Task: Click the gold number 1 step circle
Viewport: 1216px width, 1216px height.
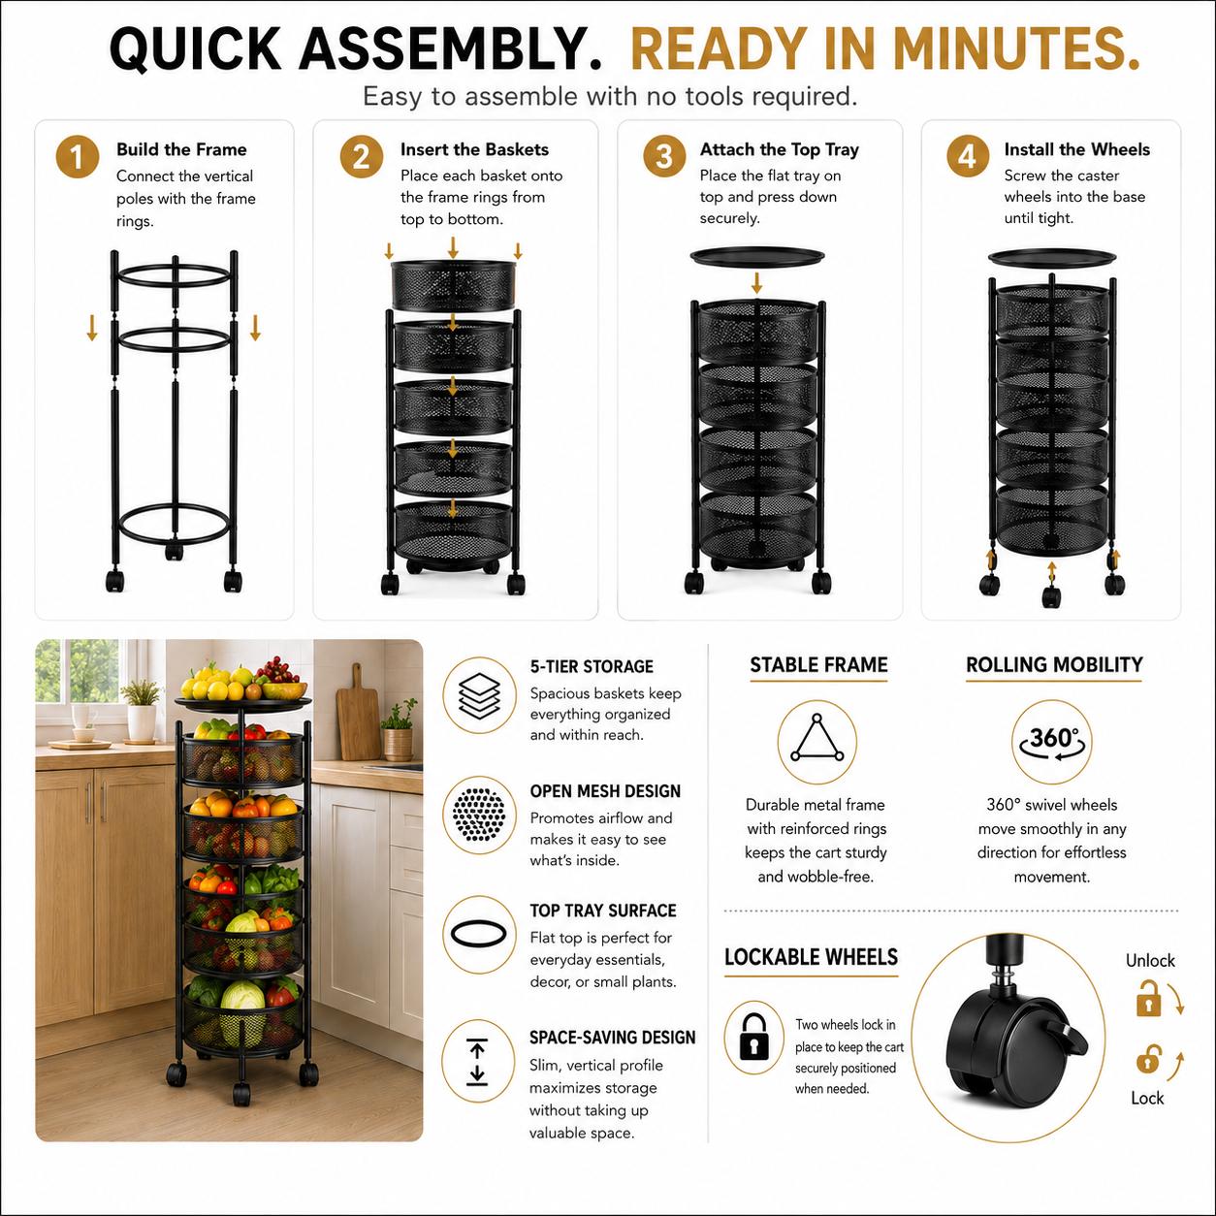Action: [x=77, y=157]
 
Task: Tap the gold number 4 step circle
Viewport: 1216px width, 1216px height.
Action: [x=968, y=156]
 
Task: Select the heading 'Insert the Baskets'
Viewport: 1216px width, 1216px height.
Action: [x=474, y=149]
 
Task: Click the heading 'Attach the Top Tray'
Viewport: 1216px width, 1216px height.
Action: [x=780, y=149]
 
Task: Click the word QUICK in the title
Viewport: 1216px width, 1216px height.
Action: [x=196, y=48]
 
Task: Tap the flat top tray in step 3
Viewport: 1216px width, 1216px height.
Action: [x=757, y=256]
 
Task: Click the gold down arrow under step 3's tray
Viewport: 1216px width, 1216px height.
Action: [x=756, y=282]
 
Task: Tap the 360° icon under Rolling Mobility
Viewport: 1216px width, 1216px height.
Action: [x=1051, y=740]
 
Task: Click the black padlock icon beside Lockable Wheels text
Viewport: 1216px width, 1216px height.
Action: [x=753, y=1036]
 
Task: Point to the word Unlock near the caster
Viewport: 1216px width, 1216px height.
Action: [x=1150, y=960]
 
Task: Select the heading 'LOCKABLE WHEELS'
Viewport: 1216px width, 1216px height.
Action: [x=811, y=957]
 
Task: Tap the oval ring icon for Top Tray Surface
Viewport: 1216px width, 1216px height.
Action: [x=478, y=934]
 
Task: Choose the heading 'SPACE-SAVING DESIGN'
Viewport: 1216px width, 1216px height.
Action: [x=612, y=1038]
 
